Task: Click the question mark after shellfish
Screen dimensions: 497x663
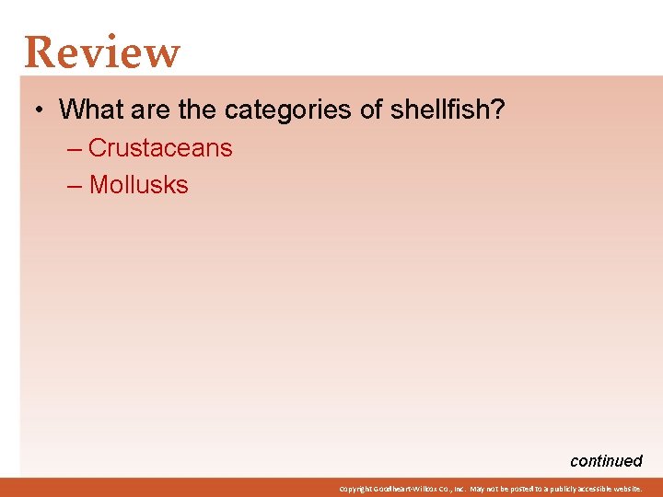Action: [x=497, y=110]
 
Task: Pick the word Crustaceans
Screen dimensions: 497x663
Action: [x=160, y=147]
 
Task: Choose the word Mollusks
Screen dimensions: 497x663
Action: [x=138, y=184]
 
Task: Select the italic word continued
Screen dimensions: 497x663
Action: [x=606, y=461]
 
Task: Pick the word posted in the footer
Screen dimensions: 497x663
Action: [x=509, y=489]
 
